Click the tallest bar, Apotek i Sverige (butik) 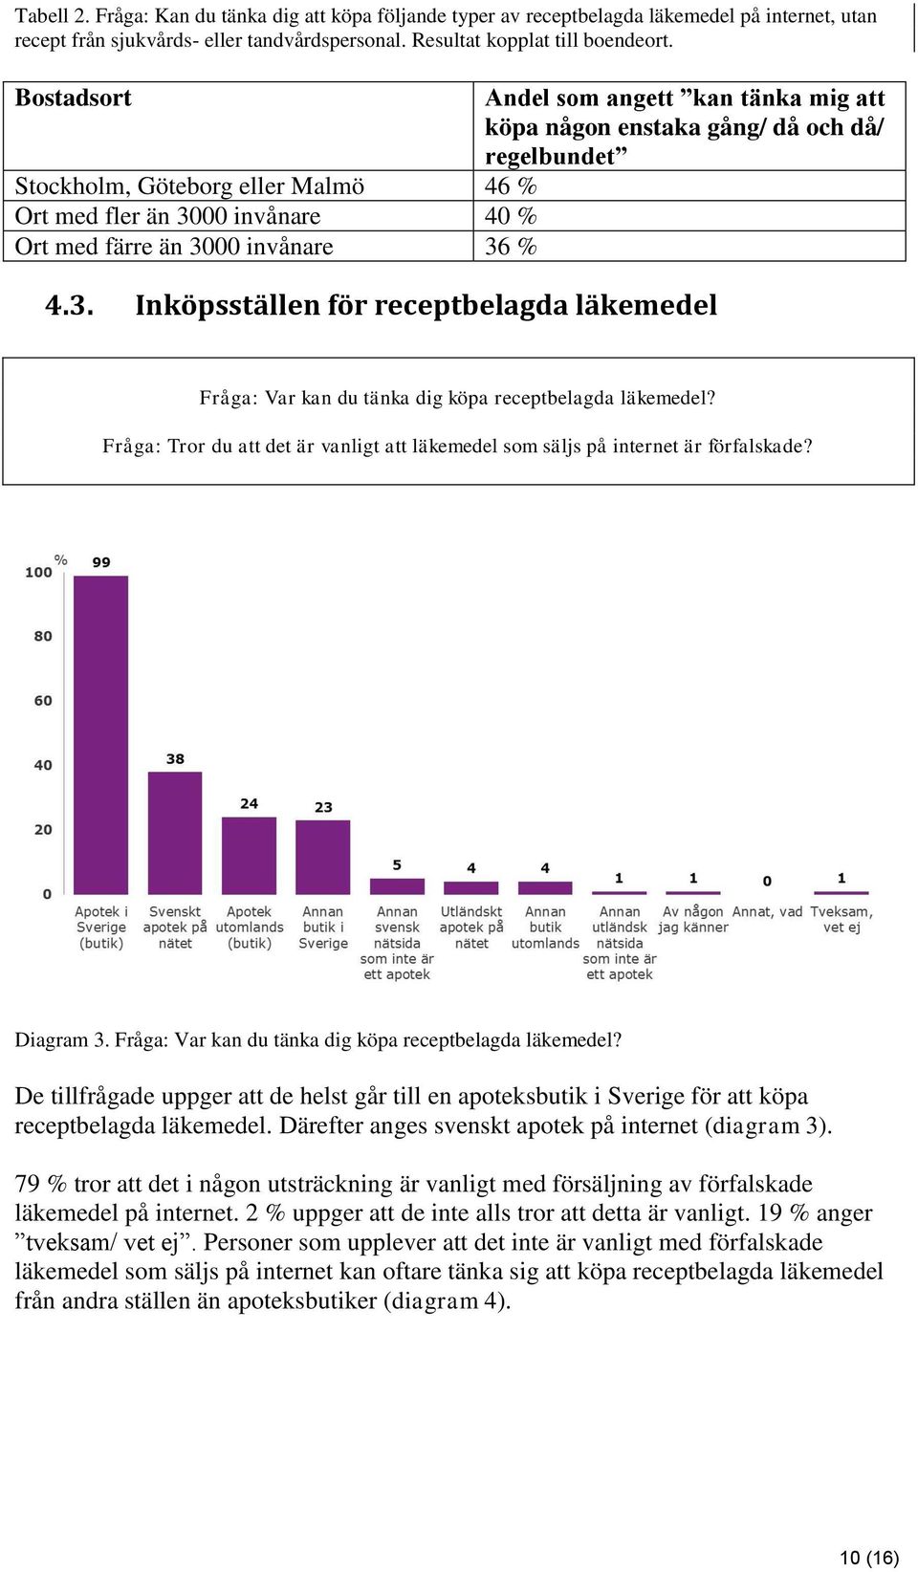(x=101, y=734)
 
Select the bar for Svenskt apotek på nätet (x=175, y=832)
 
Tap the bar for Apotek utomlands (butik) (x=250, y=855)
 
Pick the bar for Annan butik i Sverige (x=323, y=856)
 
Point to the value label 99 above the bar (x=101, y=562)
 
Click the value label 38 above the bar (x=175, y=758)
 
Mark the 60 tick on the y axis (x=43, y=700)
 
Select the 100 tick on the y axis (x=38, y=572)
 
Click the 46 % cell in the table (x=511, y=186)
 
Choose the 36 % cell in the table (x=511, y=247)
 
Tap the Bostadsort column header (x=73, y=98)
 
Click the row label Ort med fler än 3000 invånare (x=167, y=216)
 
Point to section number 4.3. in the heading (x=70, y=305)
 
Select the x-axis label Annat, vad (x=767, y=911)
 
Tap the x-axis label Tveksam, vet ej (x=841, y=919)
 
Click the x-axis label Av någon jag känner (x=693, y=919)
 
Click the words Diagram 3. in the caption (x=62, y=1039)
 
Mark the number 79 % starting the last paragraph (x=41, y=1184)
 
